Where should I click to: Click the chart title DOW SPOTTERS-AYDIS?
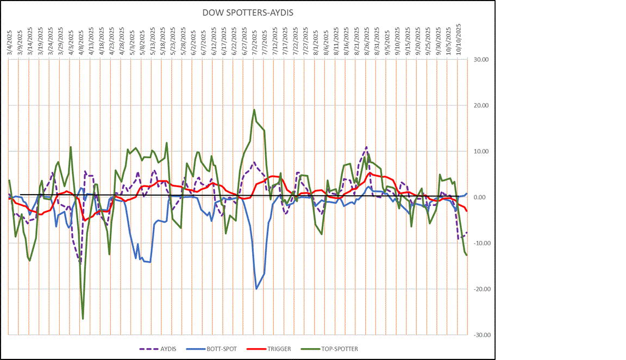click(x=248, y=12)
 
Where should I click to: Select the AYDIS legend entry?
click(x=162, y=349)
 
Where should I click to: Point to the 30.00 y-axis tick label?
click(x=481, y=60)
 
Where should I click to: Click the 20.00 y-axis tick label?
click(x=481, y=105)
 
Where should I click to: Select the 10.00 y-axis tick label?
click(x=481, y=152)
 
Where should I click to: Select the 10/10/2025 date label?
click(x=458, y=37)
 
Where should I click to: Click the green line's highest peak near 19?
click(x=254, y=110)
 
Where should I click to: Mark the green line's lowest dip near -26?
click(x=83, y=319)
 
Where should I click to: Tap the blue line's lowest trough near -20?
click(x=256, y=289)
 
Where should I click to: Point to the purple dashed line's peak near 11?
click(x=367, y=147)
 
